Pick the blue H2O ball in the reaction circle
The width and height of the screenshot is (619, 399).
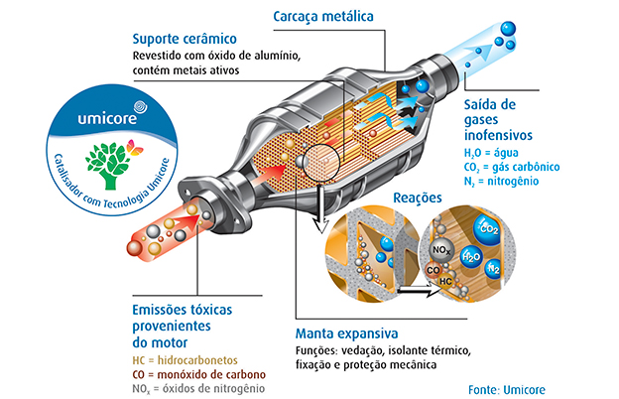point(472,257)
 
